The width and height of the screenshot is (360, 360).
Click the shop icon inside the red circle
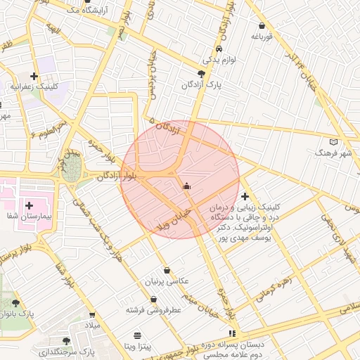(186, 186)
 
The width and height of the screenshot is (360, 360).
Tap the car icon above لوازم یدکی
(219, 49)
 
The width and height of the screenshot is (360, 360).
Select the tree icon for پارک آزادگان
(202, 73)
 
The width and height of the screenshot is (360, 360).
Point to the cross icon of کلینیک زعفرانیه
(34, 75)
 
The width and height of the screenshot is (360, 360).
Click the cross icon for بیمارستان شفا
(29, 205)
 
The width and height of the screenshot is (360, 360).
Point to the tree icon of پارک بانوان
(16, 303)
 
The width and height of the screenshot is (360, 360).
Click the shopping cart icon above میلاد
(92, 315)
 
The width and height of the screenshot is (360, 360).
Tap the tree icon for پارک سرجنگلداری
(86, 340)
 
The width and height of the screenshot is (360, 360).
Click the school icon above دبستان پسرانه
(232, 333)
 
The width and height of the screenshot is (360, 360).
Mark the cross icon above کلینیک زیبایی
(245, 196)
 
